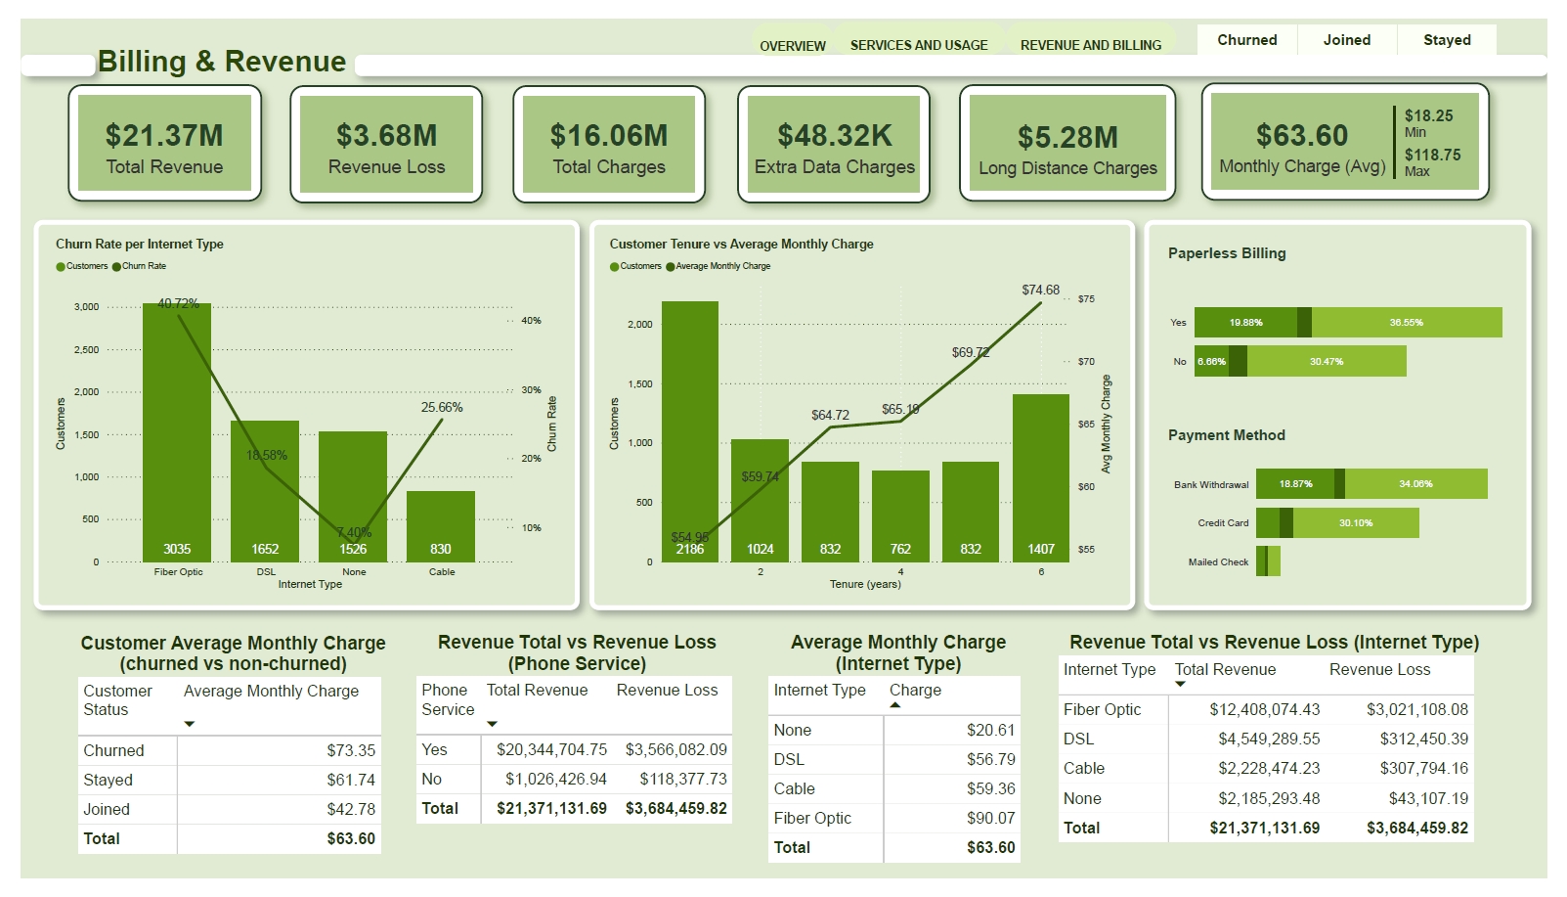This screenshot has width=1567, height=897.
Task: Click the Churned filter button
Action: tap(1246, 40)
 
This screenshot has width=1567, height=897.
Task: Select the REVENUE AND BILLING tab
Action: tap(1091, 45)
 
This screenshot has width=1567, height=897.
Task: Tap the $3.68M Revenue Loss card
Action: tap(386, 145)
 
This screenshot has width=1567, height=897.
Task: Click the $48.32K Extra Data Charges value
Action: tap(834, 135)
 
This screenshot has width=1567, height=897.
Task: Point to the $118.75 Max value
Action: tap(1432, 156)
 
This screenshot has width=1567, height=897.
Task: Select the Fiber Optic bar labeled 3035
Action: tap(177, 430)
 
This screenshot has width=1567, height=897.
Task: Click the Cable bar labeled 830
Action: tap(441, 526)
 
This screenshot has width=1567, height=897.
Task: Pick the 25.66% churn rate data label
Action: tap(442, 407)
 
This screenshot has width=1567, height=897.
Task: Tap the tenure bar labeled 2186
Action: tap(689, 430)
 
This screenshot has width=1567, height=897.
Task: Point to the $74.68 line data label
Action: tap(1040, 290)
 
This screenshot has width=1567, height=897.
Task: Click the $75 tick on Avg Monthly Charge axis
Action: tap(1086, 299)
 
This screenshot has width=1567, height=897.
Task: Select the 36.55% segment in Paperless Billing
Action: tap(1406, 323)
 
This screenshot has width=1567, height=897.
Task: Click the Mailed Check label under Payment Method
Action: tap(1218, 562)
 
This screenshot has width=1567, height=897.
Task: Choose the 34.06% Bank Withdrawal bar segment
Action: tap(1415, 484)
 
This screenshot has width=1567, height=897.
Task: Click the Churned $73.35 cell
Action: tap(351, 751)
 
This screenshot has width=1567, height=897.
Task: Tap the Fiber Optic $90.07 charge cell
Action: tap(990, 819)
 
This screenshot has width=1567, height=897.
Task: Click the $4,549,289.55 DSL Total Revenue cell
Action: tap(1268, 740)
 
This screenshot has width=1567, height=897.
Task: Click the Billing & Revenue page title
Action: tap(222, 62)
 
